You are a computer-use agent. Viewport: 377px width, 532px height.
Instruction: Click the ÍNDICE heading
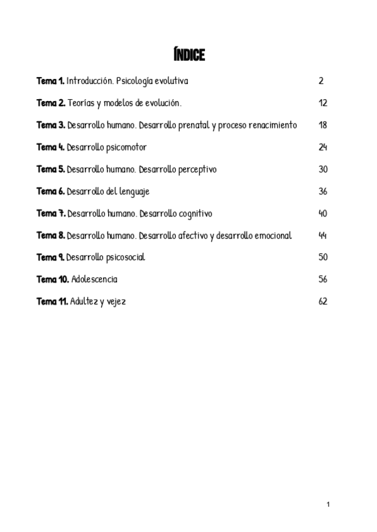click(x=188, y=56)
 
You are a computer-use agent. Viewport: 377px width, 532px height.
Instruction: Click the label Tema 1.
click(x=50, y=82)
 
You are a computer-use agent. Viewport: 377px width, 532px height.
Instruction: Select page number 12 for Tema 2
click(x=323, y=104)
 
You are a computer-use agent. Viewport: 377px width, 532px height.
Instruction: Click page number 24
click(x=323, y=147)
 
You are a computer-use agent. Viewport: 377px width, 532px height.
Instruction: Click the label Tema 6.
click(x=51, y=191)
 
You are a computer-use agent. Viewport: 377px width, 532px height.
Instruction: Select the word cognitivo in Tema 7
click(x=192, y=213)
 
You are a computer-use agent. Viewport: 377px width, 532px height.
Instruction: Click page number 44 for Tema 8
click(x=323, y=235)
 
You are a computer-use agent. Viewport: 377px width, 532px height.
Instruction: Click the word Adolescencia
click(x=95, y=279)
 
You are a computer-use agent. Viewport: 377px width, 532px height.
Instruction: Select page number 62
click(x=323, y=301)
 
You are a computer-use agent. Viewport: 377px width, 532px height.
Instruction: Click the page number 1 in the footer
click(x=328, y=504)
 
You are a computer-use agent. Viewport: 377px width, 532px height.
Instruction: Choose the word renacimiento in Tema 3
click(x=272, y=125)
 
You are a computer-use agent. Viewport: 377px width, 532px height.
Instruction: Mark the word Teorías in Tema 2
click(x=80, y=104)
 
